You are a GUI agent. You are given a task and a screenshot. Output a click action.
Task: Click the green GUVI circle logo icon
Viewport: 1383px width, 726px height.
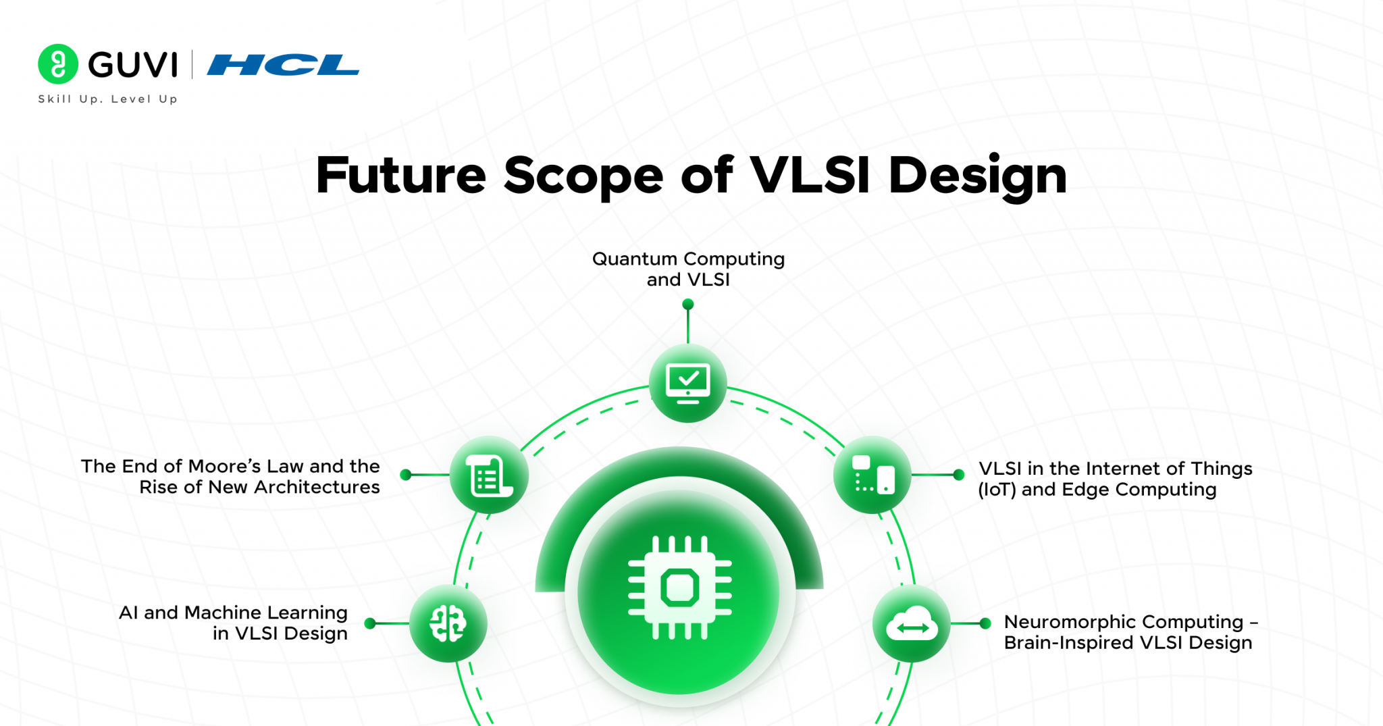[x=58, y=64]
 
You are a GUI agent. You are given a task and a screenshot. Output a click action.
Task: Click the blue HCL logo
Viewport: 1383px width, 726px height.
[x=283, y=65]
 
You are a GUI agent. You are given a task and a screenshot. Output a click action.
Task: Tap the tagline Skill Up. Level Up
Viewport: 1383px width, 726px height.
[x=108, y=99]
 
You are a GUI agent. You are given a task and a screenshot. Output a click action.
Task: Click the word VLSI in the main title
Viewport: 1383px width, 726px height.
[x=810, y=176]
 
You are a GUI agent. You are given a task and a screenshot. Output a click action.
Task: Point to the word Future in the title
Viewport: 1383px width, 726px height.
[x=401, y=176]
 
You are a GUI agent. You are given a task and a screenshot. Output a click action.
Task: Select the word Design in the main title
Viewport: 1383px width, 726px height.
[x=977, y=176]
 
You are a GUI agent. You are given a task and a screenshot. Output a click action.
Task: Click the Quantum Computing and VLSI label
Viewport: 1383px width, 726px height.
[x=688, y=269]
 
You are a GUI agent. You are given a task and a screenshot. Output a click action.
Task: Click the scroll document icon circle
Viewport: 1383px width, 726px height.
[x=489, y=475]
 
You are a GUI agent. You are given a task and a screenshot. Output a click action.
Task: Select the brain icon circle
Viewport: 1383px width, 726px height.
[x=448, y=623]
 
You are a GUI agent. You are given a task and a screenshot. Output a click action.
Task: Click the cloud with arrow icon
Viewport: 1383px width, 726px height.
[x=912, y=624]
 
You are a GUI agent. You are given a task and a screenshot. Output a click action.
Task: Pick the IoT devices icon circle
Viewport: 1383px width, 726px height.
[x=872, y=475]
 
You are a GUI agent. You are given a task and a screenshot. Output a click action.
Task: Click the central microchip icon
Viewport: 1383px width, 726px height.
[x=679, y=588]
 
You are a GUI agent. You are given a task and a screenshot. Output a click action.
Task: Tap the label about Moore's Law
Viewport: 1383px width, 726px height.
[x=230, y=477]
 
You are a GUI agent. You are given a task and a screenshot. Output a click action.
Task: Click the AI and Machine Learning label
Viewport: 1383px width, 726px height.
[x=233, y=623]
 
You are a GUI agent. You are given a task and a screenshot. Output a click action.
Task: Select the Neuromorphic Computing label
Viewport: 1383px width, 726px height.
[x=1129, y=631]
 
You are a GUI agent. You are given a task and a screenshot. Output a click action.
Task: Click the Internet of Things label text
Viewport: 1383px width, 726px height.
[x=1115, y=479]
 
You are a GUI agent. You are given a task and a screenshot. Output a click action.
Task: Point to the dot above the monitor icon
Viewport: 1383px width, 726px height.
[x=688, y=305]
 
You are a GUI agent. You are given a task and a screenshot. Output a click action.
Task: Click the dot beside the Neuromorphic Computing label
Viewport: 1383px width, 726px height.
[x=985, y=623]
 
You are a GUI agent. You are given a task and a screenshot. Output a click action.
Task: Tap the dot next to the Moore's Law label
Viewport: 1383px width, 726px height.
[x=406, y=475]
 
